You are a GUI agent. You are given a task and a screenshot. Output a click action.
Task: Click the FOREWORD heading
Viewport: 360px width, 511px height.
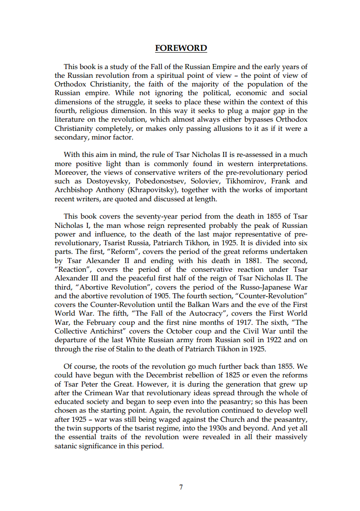pos(181,48)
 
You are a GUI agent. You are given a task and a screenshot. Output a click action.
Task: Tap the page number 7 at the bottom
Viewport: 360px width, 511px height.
pos(181,487)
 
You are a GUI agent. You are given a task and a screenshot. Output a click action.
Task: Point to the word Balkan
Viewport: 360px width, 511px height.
pos(207,305)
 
